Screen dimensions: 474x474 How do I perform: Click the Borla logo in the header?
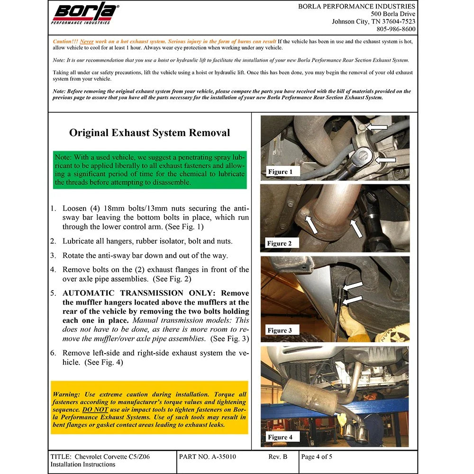tap(85, 13)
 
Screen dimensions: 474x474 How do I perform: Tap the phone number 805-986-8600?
tap(396, 29)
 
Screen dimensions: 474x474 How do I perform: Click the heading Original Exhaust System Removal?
tap(150, 133)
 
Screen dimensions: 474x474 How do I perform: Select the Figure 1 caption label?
tap(280, 172)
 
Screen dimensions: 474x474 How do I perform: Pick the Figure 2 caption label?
tap(279, 243)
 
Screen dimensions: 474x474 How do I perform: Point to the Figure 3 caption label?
tap(280, 330)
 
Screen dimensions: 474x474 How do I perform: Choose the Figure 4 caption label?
tap(280, 437)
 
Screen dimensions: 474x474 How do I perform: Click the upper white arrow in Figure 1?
tap(377, 127)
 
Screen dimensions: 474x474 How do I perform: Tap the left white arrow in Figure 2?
tap(312, 224)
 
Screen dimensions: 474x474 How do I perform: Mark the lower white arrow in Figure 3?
tap(353, 300)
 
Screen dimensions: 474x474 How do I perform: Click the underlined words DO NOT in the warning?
tap(95, 410)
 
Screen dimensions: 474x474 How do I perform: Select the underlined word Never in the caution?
tap(87, 41)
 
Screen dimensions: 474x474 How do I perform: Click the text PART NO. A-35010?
tap(208, 456)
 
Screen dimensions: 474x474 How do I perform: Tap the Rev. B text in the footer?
tap(277, 456)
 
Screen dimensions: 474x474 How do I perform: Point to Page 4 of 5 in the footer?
tap(317, 456)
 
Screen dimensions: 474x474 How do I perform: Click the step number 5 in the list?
tap(53, 293)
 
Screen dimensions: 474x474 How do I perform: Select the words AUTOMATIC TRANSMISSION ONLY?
tap(139, 293)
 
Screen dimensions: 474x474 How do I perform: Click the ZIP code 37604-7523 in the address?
tap(399, 21)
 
